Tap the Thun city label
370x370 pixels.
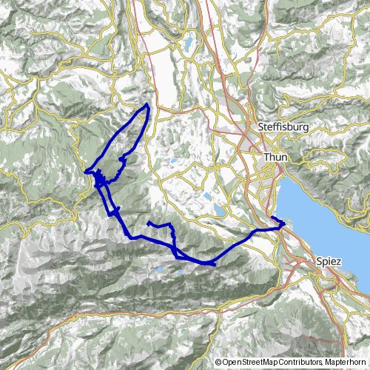[x=276, y=158]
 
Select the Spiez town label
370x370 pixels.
[x=328, y=261]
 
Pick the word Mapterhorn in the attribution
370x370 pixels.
[x=345, y=363]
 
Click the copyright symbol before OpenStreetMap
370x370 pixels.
[x=219, y=363]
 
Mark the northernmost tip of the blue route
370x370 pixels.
[x=148, y=104]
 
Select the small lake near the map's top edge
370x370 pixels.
[x=188, y=42]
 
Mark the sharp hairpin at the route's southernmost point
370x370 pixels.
[x=214, y=263]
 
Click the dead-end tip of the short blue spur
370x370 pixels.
[x=148, y=222]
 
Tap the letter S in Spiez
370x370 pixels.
[x=318, y=261]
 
